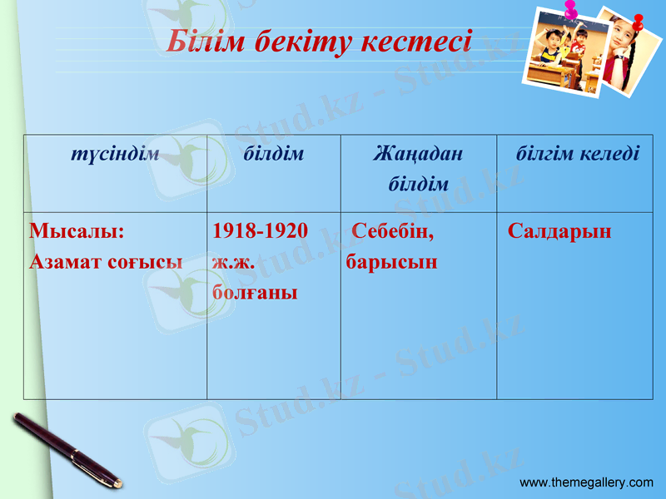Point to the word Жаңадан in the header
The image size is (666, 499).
418,154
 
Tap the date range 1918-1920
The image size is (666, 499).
261,230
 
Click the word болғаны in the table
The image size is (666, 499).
255,292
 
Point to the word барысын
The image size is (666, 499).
391,261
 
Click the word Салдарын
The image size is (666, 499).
559,230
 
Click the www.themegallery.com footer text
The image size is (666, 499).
586,482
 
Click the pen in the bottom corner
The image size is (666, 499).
67,450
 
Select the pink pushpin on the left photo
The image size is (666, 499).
571,11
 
